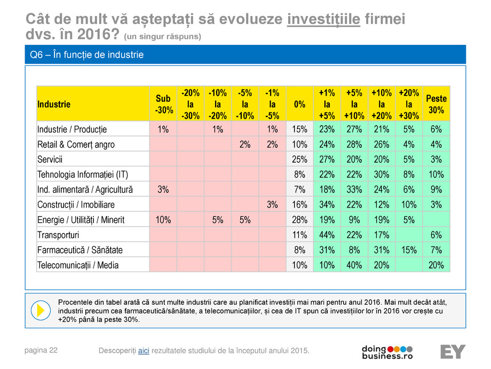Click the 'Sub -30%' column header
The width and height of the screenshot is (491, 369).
(163, 104)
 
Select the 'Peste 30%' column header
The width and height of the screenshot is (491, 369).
(436, 104)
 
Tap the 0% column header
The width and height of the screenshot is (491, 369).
(300, 104)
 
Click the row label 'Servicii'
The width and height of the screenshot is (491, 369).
(50, 159)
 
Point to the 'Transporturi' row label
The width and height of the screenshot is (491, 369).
(58, 235)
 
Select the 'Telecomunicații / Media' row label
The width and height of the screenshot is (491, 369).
(78, 265)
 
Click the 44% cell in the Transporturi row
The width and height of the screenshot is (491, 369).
(327, 235)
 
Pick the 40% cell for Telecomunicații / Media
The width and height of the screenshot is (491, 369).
(354, 265)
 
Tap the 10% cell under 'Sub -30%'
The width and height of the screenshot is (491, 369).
(163, 220)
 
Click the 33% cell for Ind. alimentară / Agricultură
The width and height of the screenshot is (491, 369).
(354, 189)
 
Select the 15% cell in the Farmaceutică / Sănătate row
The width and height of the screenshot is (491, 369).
(409, 250)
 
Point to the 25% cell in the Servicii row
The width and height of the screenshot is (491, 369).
(300, 159)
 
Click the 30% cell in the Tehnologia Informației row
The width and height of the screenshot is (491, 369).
(382, 174)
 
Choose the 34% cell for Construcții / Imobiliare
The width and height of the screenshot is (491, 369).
(327, 205)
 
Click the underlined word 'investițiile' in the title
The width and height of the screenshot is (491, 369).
(323, 19)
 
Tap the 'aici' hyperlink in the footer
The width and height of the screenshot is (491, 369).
(144, 350)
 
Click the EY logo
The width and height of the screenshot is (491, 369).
(453, 351)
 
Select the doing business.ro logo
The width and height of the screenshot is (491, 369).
(387, 352)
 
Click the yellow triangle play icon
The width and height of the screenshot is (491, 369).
(41, 310)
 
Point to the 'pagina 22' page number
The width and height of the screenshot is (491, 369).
(41, 350)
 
